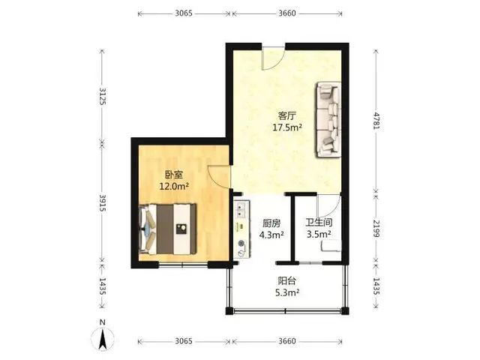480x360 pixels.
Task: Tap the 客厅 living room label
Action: (x=287, y=115)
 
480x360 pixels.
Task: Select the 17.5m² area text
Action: (x=287, y=127)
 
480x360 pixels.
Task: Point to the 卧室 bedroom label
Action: (x=173, y=175)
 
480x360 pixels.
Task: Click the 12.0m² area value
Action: (x=173, y=186)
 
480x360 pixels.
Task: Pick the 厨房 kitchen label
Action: (x=271, y=223)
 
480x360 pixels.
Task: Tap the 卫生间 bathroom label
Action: (x=319, y=223)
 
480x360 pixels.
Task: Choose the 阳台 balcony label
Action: (x=287, y=280)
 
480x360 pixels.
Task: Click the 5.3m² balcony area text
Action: (x=287, y=292)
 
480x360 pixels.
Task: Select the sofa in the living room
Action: (x=328, y=119)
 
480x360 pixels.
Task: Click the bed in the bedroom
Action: (x=167, y=229)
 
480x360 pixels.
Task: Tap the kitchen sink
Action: (x=241, y=210)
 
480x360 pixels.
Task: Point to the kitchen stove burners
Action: (x=241, y=248)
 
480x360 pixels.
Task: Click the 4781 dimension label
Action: (x=376, y=121)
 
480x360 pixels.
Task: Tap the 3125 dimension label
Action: (x=103, y=96)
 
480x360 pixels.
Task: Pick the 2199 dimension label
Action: (x=376, y=228)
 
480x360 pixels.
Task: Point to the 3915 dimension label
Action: (x=103, y=202)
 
